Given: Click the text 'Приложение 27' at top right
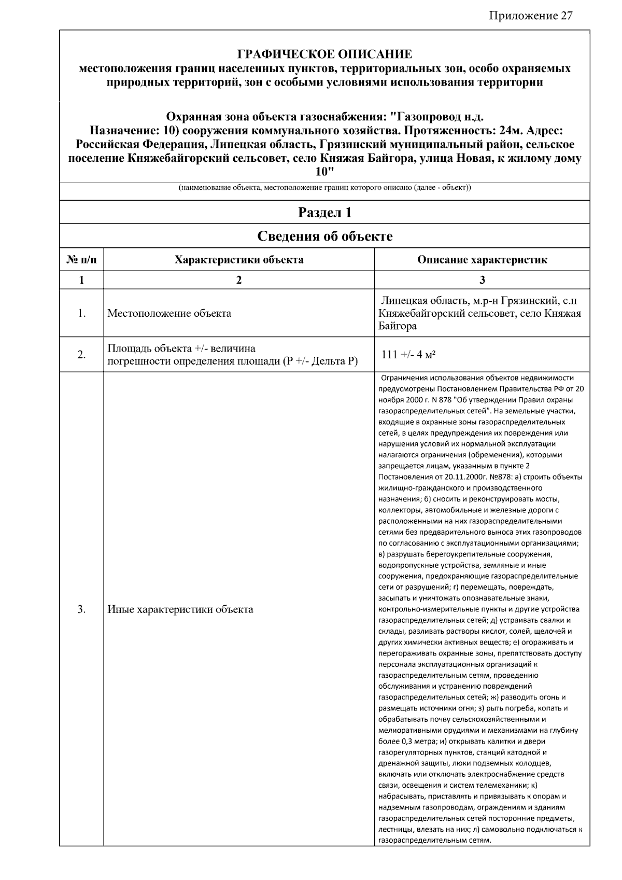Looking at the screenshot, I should (530, 15).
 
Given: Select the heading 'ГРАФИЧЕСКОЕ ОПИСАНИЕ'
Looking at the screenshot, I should (324, 54).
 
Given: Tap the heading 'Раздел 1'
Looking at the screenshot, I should (324, 212).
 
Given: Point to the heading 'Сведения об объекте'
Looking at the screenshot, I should (324, 236).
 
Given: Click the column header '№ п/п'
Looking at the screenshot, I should (81, 259).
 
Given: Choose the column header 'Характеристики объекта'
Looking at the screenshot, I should (239, 259).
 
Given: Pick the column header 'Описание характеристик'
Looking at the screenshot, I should (482, 259).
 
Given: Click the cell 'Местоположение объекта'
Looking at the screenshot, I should (169, 313).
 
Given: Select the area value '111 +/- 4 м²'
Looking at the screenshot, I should (408, 355).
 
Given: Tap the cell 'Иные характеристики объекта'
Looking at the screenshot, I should (180, 609).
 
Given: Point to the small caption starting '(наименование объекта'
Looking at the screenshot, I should (324, 188).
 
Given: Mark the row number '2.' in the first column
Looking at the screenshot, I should (81, 355).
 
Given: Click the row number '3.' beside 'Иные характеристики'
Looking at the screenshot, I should (81, 609).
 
